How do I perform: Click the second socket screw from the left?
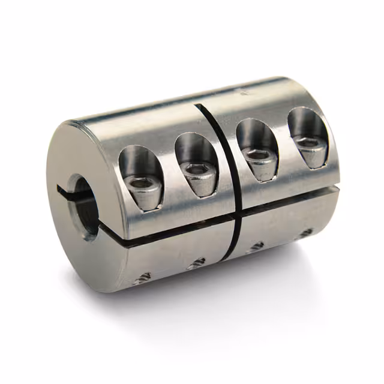point(197,172)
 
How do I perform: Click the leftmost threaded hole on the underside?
point(143,277)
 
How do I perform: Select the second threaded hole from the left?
point(196,262)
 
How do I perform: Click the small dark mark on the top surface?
point(243,93)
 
